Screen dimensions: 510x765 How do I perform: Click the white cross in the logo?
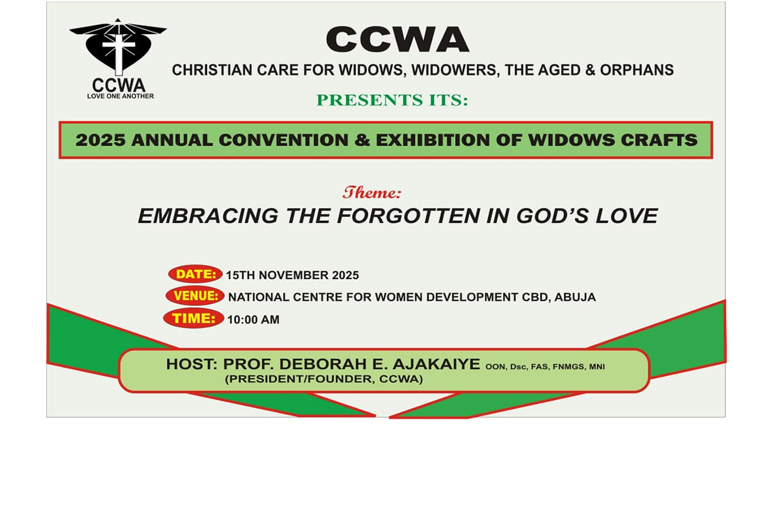tap(119, 52)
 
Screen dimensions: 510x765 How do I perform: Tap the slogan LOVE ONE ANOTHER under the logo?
tap(120, 96)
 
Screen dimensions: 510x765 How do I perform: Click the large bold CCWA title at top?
tap(397, 40)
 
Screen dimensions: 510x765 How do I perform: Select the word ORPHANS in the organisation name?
tap(637, 70)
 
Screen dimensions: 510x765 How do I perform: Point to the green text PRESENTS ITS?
tap(392, 100)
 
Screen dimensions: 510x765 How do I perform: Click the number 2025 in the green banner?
tap(100, 140)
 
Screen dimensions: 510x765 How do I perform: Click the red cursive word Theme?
tap(372, 193)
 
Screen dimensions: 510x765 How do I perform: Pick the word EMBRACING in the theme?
tap(208, 216)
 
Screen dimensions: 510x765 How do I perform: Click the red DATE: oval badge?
tap(195, 274)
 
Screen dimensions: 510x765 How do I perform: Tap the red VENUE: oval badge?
tap(195, 296)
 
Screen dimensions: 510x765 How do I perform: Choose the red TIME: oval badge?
tap(194, 318)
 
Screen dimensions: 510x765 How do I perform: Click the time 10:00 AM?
tap(253, 320)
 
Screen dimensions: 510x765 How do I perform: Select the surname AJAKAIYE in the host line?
tap(436, 364)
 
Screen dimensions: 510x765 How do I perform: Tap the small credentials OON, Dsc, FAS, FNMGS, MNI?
tap(545, 367)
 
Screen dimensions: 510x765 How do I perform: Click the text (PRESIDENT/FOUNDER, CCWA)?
tap(324, 379)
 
